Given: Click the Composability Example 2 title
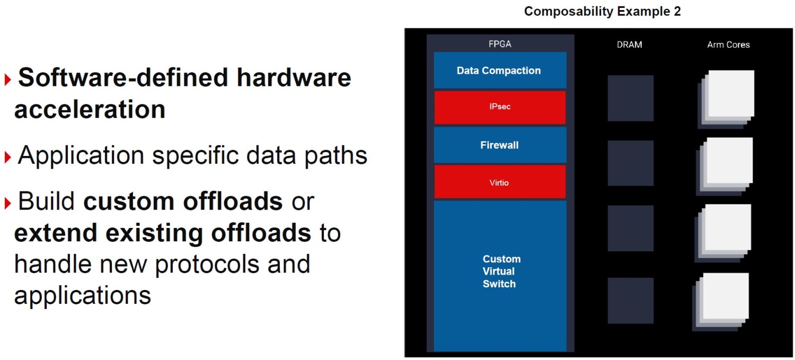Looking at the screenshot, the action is coord(602,11).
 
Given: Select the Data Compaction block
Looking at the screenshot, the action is coord(500,71).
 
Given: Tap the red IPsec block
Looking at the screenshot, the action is coord(500,107).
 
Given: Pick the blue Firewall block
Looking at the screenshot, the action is coord(500,145).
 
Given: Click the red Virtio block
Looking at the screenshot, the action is coord(500,182).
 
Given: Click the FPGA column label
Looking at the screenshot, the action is coord(500,44).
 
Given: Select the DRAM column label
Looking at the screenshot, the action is coord(629,45).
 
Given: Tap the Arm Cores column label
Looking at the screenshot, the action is coord(728,45).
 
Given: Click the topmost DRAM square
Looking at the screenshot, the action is coord(631,98).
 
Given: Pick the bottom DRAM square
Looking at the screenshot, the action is coord(631,301).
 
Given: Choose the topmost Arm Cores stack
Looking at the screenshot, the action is coord(726,99).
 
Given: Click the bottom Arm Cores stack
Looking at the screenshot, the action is coord(721,302).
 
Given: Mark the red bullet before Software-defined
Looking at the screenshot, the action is coord(8,79).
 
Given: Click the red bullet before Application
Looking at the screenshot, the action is coord(8,157).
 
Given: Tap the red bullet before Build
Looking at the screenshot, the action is coord(8,203).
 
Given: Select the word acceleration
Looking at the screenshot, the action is coord(90,109).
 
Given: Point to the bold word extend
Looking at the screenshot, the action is coord(55,233).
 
